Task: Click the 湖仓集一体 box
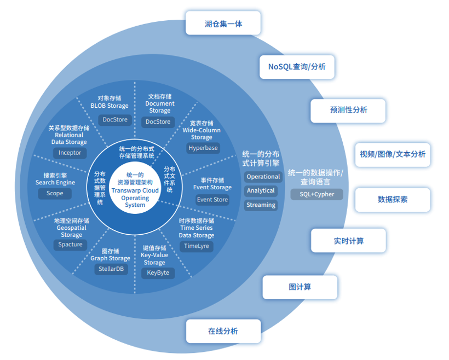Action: [x=223, y=24]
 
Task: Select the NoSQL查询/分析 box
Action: [x=297, y=67]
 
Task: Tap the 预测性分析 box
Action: [x=348, y=110]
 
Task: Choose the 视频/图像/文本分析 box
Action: [x=392, y=154]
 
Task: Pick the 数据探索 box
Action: [x=392, y=199]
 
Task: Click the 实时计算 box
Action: [x=348, y=240]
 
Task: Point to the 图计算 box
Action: [x=300, y=287]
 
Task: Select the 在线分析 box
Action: [x=223, y=330]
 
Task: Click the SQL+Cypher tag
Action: [x=316, y=194]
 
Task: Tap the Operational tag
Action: [x=263, y=177]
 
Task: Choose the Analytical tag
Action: [x=261, y=191]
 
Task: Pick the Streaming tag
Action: [x=261, y=205]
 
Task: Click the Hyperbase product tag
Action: [x=203, y=148]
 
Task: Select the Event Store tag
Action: [x=212, y=200]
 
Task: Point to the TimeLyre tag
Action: [x=197, y=246]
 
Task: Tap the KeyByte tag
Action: [x=158, y=272]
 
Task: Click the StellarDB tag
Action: [x=111, y=269]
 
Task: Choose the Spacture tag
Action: [x=71, y=245]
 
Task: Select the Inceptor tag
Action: [x=70, y=153]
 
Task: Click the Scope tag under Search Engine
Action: [x=55, y=193]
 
